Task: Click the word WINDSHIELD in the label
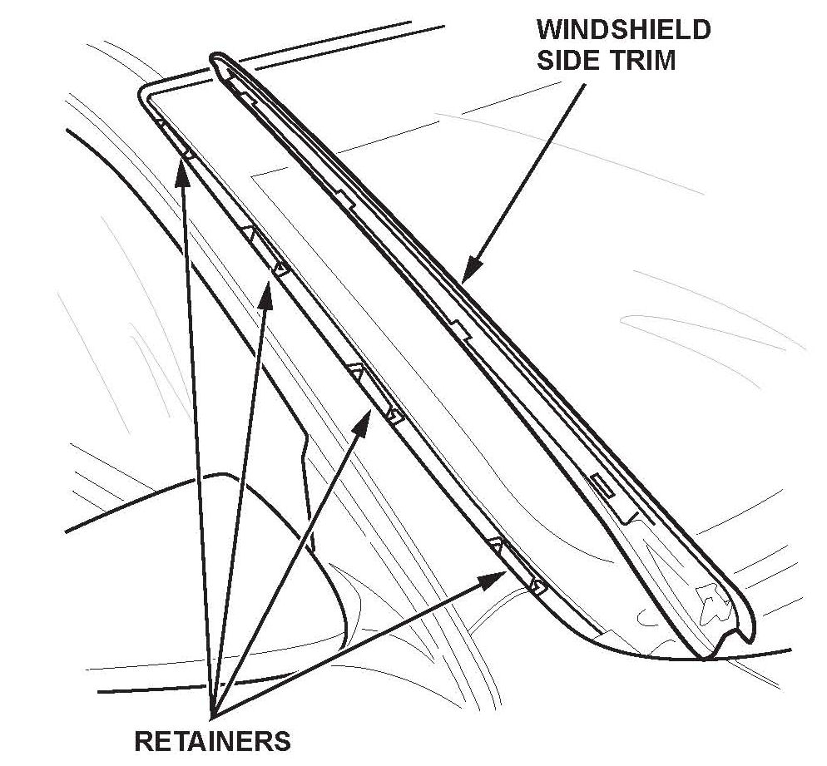coord(623,31)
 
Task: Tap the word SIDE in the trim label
coord(567,60)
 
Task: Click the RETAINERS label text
coord(212,739)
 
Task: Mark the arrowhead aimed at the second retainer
coord(266,292)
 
